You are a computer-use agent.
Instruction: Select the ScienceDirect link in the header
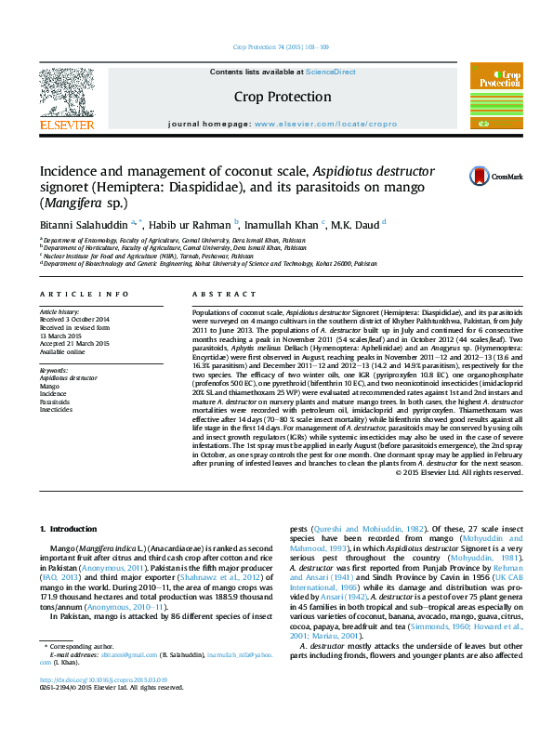point(331,72)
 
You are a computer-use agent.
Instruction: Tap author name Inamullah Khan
point(282,226)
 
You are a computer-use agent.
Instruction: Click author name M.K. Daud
point(356,226)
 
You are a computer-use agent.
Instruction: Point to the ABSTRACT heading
point(213,294)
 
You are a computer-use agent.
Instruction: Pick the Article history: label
point(59,311)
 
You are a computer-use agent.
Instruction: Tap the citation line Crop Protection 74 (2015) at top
point(276,46)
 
